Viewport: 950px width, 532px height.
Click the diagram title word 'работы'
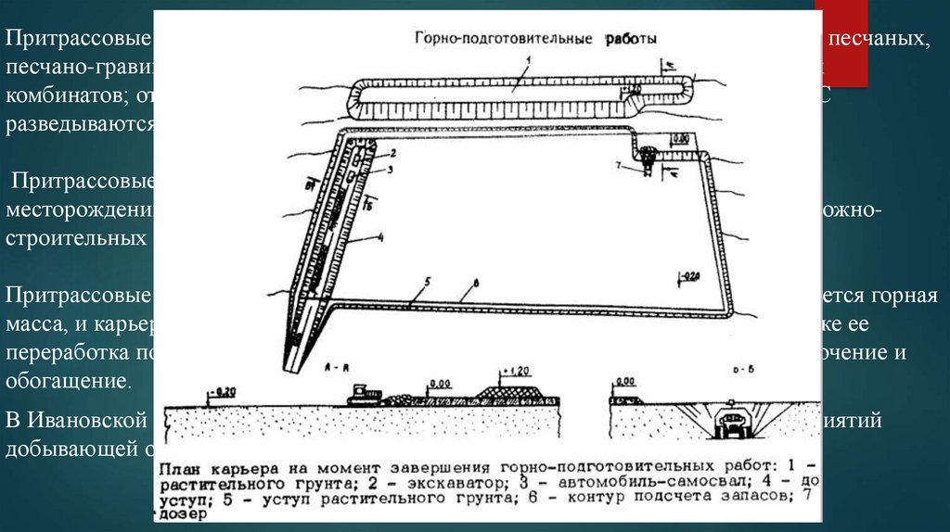[x=632, y=40]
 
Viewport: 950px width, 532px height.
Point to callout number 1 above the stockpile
[x=525, y=61]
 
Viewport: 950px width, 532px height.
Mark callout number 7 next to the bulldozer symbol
[x=628, y=165]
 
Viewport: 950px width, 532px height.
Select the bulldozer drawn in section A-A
[x=364, y=396]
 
